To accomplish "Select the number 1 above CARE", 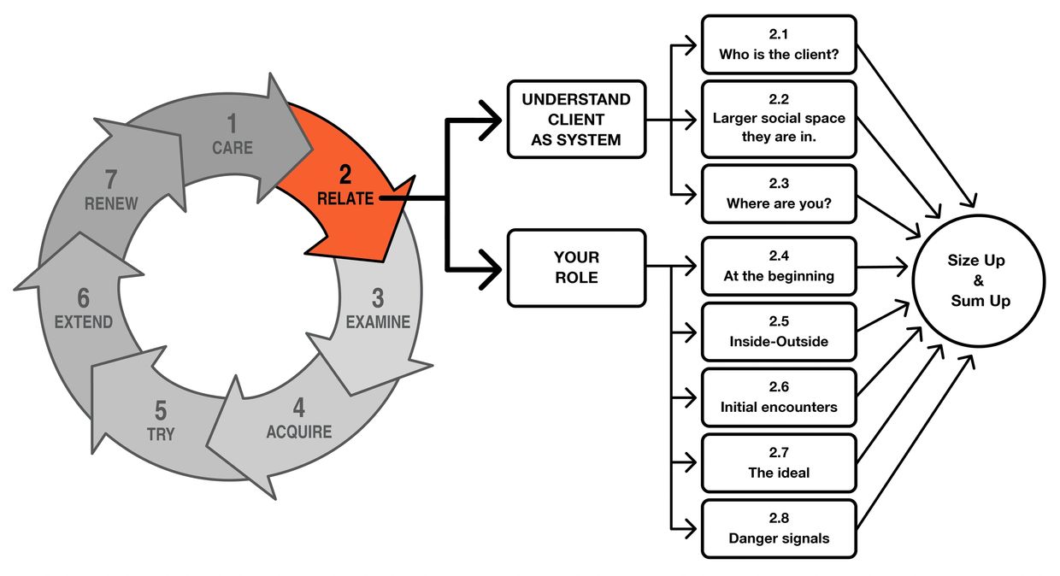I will point(233,126).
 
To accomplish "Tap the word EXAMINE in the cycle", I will point(378,322).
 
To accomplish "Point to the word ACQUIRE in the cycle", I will point(298,432).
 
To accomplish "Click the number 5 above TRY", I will point(160,411).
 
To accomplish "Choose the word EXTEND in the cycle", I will point(83,322).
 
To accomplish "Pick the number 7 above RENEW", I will point(111,180).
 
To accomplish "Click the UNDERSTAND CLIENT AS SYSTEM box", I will point(576,120).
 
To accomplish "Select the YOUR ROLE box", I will point(576,267).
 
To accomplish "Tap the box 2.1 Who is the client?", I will point(778,44).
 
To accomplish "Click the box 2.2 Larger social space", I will point(778,119).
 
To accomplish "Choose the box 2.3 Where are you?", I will point(778,194).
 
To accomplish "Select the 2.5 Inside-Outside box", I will point(778,332).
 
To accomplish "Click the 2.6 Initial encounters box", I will point(778,398).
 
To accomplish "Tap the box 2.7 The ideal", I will point(778,463).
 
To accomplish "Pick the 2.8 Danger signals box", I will point(778,529).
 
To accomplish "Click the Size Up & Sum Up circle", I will point(979,280).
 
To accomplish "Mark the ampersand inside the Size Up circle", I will point(979,280).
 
